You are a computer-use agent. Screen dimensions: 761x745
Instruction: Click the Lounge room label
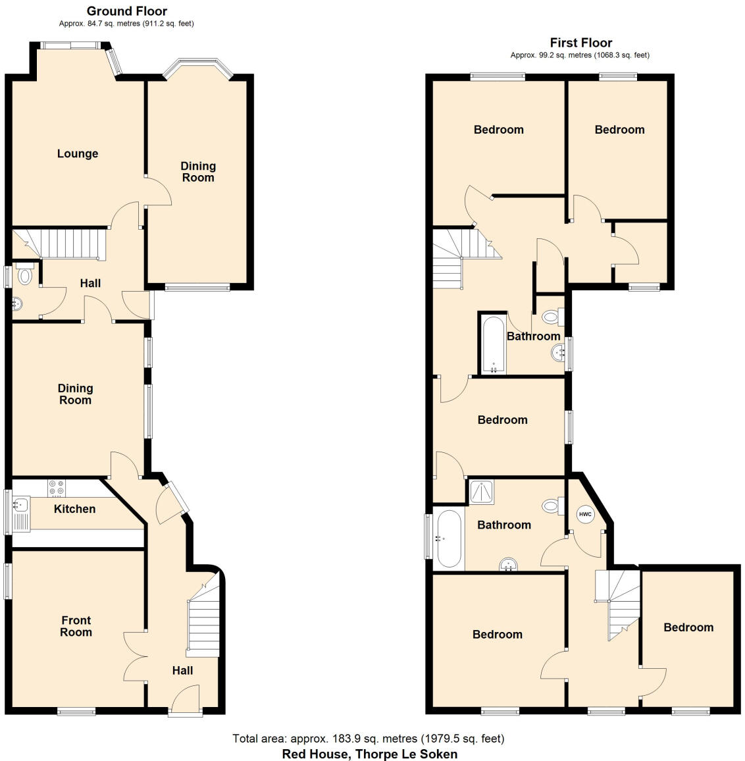click(78, 153)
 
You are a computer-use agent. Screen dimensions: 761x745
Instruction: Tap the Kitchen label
click(74, 509)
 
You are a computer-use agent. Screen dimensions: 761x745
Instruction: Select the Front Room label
click(76, 626)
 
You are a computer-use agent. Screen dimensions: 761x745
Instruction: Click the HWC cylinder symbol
click(585, 514)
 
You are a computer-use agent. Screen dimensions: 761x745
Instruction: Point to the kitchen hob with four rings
click(55, 488)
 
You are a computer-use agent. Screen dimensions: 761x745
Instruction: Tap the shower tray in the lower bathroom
click(482, 492)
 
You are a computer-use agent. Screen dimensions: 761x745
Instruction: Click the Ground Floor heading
click(127, 11)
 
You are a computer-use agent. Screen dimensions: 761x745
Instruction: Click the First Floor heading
click(581, 43)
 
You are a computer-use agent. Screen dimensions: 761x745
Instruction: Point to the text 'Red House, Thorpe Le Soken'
click(369, 754)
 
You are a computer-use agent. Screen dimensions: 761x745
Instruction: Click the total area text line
click(369, 739)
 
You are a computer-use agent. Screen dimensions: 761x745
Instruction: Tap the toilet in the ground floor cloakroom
click(25, 275)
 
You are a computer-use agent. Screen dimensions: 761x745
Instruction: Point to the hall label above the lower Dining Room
click(90, 283)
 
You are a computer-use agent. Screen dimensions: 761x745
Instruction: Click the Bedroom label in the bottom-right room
click(688, 627)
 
